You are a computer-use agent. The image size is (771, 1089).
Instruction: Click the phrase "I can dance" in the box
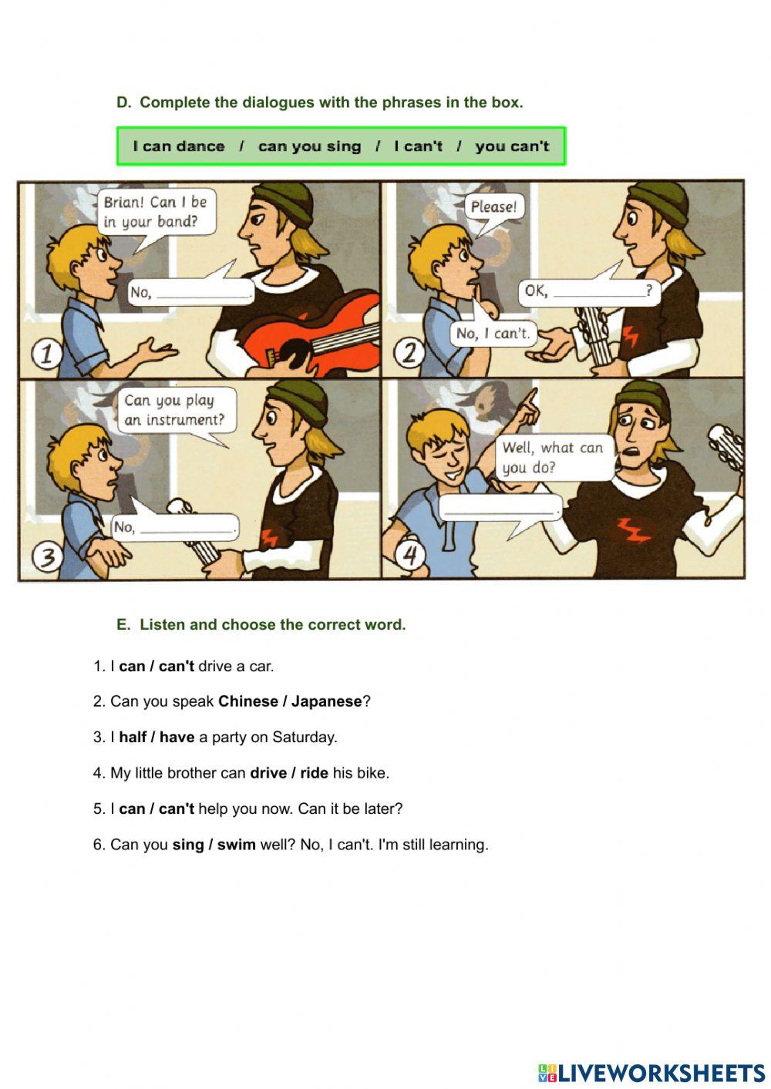point(179,146)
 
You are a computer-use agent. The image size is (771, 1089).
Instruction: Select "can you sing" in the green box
point(309,146)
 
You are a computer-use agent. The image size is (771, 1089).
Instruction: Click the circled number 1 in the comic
point(45,354)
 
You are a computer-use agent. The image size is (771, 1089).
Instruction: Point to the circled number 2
point(409,353)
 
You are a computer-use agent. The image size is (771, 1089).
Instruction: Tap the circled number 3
point(47,556)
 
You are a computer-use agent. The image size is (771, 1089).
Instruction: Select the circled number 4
point(410,555)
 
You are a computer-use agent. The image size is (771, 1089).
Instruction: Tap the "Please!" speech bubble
point(493,207)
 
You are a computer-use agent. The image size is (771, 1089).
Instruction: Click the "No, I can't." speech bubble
point(493,334)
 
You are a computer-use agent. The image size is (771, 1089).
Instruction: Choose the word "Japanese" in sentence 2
point(326,701)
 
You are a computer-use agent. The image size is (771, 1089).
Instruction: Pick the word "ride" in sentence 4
point(314,772)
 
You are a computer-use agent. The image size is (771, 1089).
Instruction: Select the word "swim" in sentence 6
point(236,845)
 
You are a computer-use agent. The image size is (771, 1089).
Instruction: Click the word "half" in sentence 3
point(133,737)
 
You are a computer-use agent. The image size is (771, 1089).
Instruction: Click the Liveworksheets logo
point(651,1073)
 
